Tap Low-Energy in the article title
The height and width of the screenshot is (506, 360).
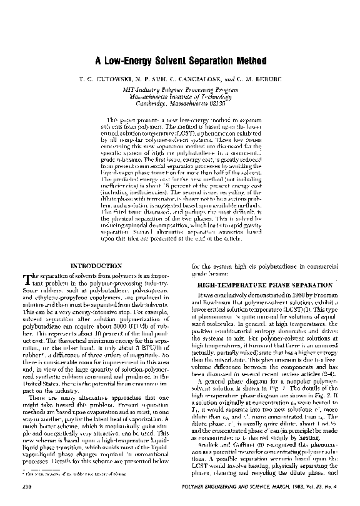(x=129, y=62)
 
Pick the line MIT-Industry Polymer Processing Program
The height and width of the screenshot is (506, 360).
(x=179, y=90)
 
